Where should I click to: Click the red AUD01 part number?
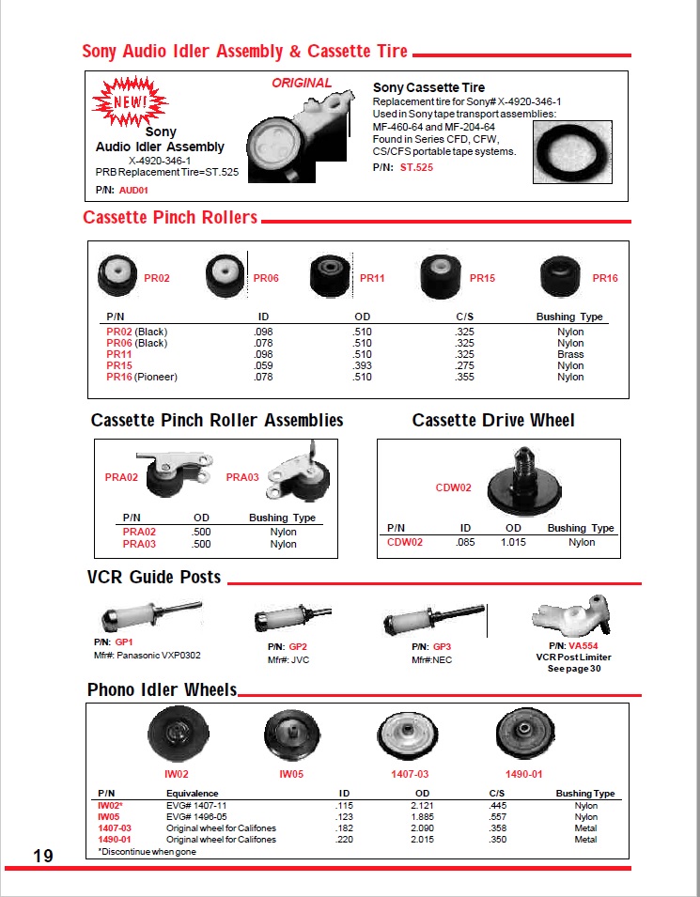[x=134, y=190]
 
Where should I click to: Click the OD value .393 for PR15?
[x=362, y=365]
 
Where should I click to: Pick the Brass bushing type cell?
[x=570, y=354]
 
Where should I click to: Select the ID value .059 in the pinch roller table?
[x=262, y=365]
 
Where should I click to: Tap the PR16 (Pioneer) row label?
[x=142, y=377]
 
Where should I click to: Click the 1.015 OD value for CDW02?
[x=513, y=542]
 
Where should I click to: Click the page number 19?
[x=42, y=856]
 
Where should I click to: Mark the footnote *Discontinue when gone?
[x=149, y=851]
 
